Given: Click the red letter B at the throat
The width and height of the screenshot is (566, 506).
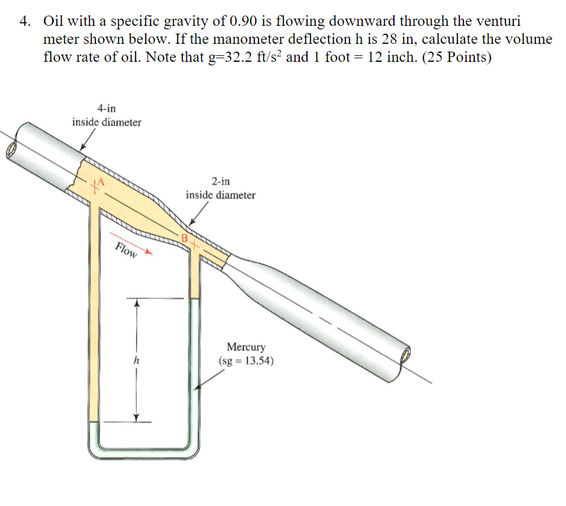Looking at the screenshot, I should pyautogui.click(x=185, y=239).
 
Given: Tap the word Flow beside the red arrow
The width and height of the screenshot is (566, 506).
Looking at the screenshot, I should pyautogui.click(x=125, y=251).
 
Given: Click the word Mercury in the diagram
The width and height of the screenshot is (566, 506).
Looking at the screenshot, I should pyautogui.click(x=246, y=347).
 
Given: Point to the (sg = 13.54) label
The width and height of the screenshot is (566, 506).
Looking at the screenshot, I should pyautogui.click(x=246, y=362).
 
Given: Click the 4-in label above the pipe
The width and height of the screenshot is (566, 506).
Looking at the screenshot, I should pyautogui.click(x=107, y=109).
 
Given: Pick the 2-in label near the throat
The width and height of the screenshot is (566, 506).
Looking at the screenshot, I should pyautogui.click(x=220, y=181).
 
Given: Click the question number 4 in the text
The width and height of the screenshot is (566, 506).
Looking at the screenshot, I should pyautogui.click(x=24, y=22).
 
